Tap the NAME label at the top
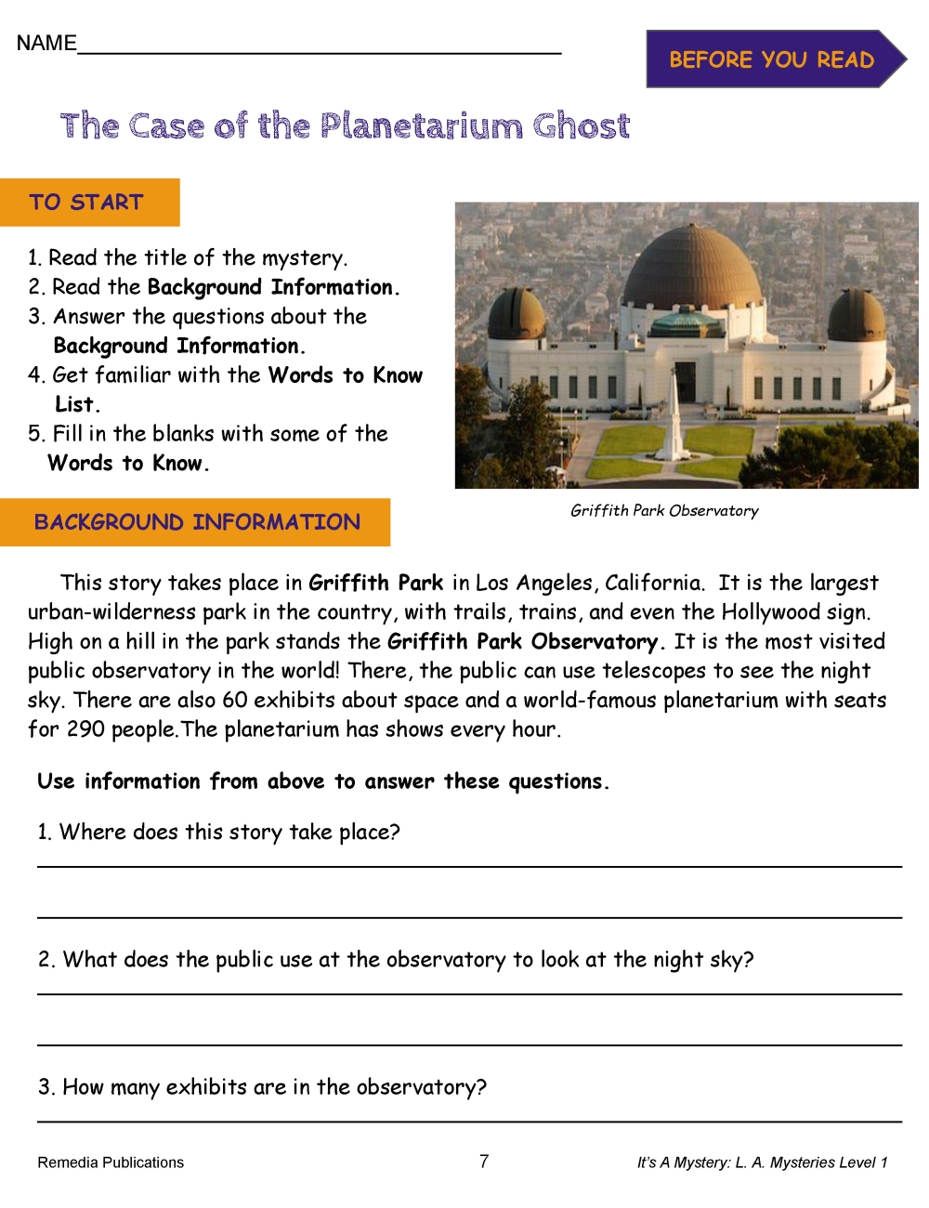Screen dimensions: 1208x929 [46, 44]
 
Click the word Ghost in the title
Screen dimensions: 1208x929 [582, 125]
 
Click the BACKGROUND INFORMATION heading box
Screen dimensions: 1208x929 [196, 522]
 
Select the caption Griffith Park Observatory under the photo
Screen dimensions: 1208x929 [664, 510]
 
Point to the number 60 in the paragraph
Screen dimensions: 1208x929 [235, 700]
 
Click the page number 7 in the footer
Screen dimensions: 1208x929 [484, 1161]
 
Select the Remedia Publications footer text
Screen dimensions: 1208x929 [111, 1162]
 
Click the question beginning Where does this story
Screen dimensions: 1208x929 [219, 832]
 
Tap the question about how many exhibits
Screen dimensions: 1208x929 [262, 1087]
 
